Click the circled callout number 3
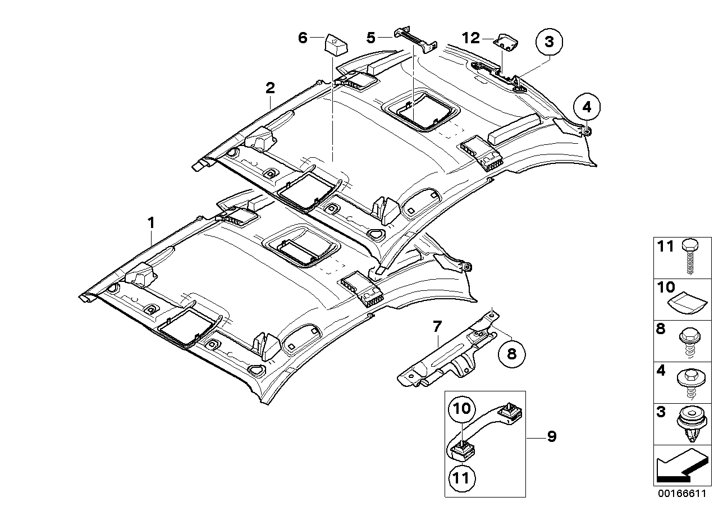(548, 41)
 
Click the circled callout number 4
(586, 106)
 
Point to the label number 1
(150, 223)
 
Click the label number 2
(270, 88)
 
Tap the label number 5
(370, 38)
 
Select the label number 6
(303, 38)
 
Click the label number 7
(437, 325)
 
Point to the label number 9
(552, 436)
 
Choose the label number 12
(471, 38)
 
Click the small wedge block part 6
(336, 44)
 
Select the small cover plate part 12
(506, 40)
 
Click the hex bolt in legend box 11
(688, 257)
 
